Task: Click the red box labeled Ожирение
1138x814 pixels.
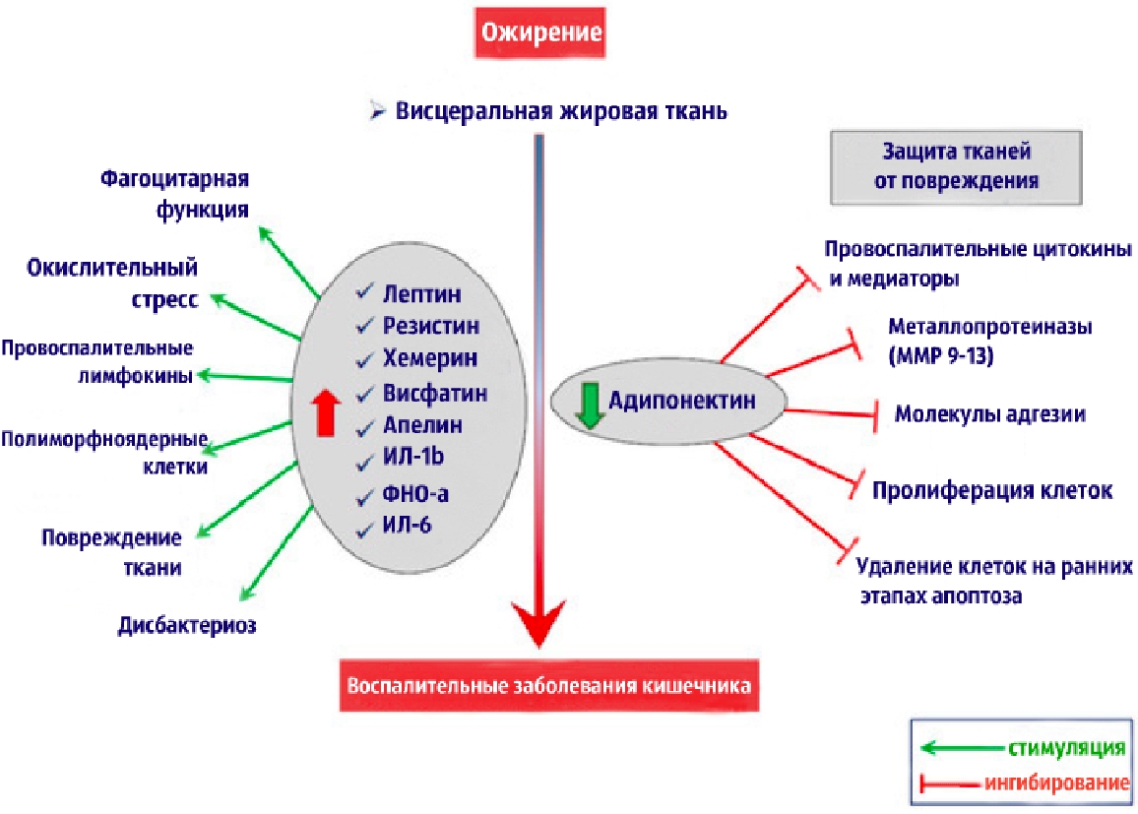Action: tap(538, 31)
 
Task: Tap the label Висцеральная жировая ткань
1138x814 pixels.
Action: tap(561, 110)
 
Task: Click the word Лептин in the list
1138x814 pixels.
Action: tap(421, 293)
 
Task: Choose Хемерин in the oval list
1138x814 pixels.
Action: tap(427, 358)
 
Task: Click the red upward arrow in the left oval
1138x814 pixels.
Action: tap(322, 410)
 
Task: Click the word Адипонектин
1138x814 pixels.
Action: tap(681, 401)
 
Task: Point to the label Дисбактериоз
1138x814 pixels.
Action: tap(187, 625)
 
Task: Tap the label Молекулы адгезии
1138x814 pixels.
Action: tap(989, 414)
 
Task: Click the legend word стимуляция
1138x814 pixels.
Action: tap(1065, 747)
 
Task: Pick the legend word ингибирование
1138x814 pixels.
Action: tap(1054, 784)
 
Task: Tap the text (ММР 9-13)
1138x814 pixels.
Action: tap(940, 357)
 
